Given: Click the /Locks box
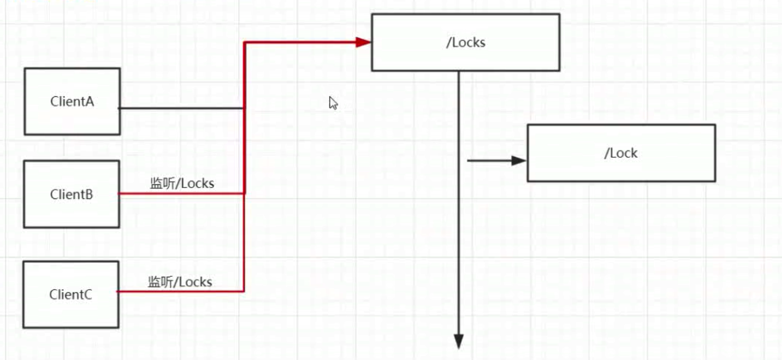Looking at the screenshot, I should [x=465, y=57].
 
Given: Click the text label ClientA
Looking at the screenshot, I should [x=72, y=102].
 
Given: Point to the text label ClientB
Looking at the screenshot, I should [x=71, y=195].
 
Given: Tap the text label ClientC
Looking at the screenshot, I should [x=70, y=295].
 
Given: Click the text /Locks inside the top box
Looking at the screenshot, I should [x=465, y=43].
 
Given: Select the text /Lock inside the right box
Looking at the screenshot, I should [x=621, y=153].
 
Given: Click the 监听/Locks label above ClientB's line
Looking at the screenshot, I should [x=182, y=184].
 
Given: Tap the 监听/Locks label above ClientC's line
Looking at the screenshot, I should [x=180, y=282].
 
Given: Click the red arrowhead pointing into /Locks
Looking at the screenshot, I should [x=363, y=42].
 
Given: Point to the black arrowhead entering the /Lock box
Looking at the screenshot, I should [x=518, y=161].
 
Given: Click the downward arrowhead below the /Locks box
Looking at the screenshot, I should [x=459, y=342].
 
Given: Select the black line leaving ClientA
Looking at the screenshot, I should [x=181, y=108].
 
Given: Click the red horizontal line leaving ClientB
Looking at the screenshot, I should [x=181, y=194].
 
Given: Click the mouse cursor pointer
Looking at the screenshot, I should [x=333, y=103].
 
